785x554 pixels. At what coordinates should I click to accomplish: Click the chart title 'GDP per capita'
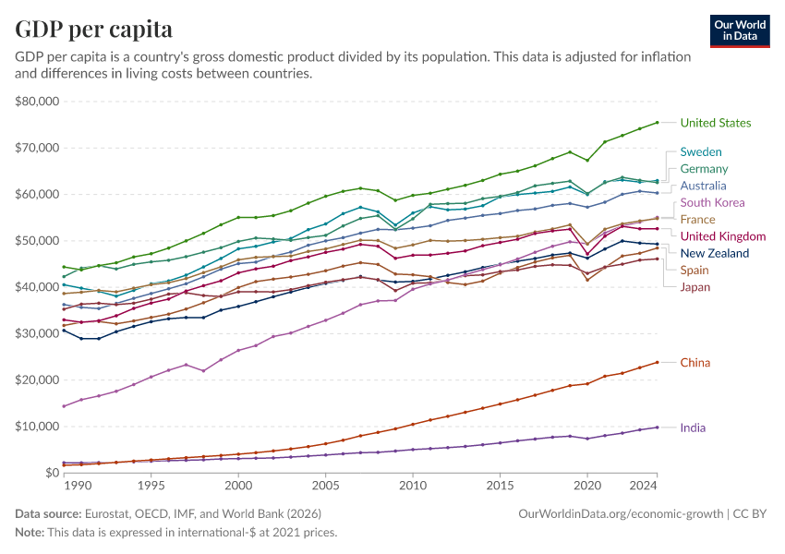93,30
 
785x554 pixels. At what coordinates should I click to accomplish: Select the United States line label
715,123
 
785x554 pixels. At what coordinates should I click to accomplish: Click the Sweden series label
701,151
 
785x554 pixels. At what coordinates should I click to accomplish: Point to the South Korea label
712,202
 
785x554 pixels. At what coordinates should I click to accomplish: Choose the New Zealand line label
714,253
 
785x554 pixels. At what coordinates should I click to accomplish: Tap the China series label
694,363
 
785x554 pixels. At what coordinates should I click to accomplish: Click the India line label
693,428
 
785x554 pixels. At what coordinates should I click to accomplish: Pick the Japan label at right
695,287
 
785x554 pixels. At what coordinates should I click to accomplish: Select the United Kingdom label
722,236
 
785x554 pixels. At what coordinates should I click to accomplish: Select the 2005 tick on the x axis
325,486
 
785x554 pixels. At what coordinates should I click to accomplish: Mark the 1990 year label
77,486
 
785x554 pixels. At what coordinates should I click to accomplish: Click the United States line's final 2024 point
657,122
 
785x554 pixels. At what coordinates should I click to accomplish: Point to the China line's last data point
657,362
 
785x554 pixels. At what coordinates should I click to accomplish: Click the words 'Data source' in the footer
47,512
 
